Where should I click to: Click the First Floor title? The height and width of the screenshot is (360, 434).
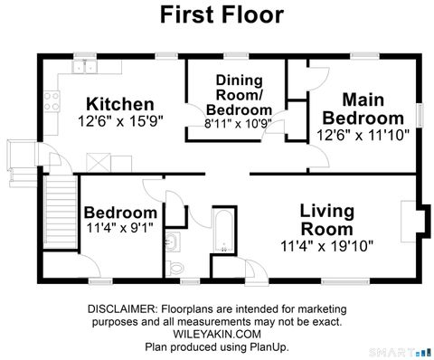[222, 15]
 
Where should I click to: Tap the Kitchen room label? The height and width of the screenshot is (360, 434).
[119, 103]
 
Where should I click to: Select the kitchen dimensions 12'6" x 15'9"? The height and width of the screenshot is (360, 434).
[119, 120]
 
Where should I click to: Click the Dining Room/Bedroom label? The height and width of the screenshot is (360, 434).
[239, 94]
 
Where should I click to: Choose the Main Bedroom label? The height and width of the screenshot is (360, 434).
[363, 109]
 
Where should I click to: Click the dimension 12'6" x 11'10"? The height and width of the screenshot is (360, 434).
[363, 133]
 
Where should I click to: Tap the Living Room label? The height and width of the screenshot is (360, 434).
[326, 219]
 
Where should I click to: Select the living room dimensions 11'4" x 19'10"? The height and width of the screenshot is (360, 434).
[326, 244]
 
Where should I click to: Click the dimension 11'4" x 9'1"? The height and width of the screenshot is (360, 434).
[120, 229]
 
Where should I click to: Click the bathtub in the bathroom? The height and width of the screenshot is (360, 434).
[222, 231]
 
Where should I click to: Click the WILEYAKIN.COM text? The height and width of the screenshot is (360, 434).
[217, 333]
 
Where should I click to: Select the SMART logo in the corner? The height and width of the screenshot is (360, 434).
[403, 350]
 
